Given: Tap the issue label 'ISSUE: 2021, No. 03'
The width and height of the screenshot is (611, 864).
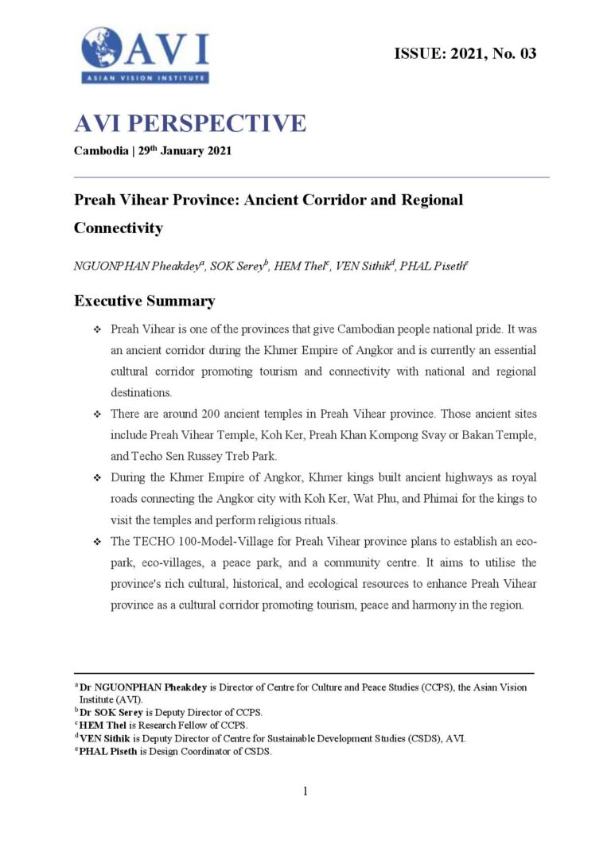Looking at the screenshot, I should click(x=465, y=54).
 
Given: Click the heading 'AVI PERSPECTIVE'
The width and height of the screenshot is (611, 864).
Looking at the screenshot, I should click(x=189, y=123).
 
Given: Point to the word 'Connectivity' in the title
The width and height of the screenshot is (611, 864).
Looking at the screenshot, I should click(x=118, y=228).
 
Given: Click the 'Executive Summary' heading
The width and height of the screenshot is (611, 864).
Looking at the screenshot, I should click(x=144, y=302).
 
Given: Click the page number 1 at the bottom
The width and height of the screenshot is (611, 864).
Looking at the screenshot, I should click(x=305, y=791).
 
